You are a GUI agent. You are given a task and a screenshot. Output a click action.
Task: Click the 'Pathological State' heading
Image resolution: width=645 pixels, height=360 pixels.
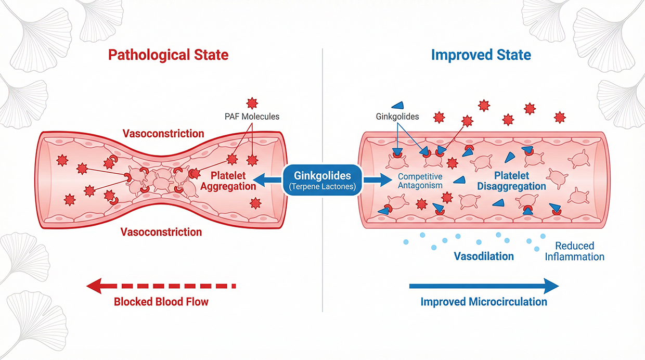click(x=168, y=55)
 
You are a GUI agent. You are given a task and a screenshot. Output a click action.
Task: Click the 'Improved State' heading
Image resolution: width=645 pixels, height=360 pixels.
click(x=481, y=55)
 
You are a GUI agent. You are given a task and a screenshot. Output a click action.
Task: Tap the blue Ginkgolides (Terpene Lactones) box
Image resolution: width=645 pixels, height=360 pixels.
click(x=322, y=181)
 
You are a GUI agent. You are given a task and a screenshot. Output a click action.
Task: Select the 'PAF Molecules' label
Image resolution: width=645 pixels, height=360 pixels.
click(x=252, y=117)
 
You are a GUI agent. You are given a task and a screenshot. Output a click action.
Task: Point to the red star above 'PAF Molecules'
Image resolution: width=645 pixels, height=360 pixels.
click(x=252, y=103)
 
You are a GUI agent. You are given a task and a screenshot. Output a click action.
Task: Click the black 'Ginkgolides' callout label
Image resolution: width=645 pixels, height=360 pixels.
click(x=397, y=117)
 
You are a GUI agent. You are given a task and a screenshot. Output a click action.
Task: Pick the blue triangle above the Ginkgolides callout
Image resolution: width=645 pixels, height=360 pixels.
click(x=398, y=106)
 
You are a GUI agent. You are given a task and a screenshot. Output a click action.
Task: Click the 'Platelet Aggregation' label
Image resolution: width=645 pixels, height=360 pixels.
click(x=228, y=181)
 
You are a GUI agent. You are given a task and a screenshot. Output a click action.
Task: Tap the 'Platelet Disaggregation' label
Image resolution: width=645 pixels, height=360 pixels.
click(x=511, y=181)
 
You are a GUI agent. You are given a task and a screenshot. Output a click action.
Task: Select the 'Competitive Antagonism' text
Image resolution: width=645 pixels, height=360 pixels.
click(x=420, y=181)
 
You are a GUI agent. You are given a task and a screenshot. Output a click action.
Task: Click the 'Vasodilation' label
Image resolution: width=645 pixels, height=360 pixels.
click(x=484, y=256)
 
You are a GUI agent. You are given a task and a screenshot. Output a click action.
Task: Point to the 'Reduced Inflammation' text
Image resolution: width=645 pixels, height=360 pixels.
click(x=574, y=251)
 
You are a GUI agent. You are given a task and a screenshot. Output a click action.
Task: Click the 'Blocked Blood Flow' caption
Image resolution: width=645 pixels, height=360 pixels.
click(x=161, y=302)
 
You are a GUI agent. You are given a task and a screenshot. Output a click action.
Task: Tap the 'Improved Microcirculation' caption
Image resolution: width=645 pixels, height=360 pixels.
click(x=484, y=302)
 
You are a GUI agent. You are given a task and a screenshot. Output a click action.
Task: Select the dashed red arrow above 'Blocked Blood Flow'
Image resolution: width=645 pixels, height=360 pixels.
click(x=161, y=286)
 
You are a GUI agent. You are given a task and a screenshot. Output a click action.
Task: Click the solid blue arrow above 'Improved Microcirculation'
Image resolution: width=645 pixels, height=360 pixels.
click(x=484, y=286)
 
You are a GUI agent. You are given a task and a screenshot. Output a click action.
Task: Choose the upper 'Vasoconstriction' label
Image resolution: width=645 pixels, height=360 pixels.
click(x=163, y=134)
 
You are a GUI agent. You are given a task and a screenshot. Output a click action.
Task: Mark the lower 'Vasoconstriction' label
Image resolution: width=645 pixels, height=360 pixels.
click(x=161, y=232)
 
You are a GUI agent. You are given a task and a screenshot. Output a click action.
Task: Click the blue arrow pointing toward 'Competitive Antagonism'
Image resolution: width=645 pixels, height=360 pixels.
click(x=378, y=180)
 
